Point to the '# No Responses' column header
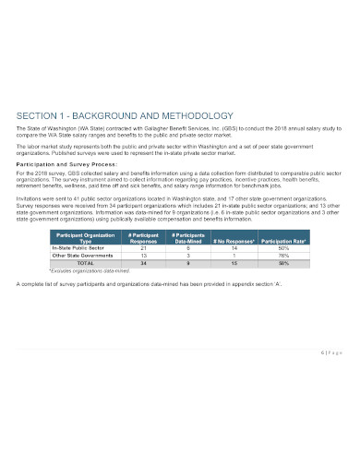pyautogui.click(x=234, y=242)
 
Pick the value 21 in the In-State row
pyautogui.click(x=142, y=248)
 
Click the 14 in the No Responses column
pyautogui.click(x=234, y=248)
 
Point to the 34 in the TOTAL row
pyautogui.click(x=142, y=263)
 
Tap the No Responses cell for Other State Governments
pyautogui.click(x=234, y=256)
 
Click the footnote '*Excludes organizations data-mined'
pyautogui.click(x=86, y=270)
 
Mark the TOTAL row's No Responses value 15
pyautogui.click(x=234, y=263)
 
